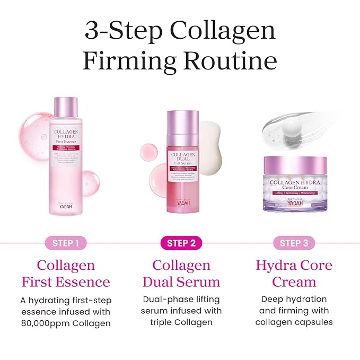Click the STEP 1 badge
pyautogui.click(x=66, y=243)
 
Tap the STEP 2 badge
pyautogui.click(x=181, y=243)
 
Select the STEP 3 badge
pyautogui.click(x=290, y=243)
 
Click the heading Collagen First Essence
pyautogui.click(x=66, y=273)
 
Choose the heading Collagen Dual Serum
pyautogui.click(x=181, y=273)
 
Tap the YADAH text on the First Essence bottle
pyautogui.click(x=66, y=207)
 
